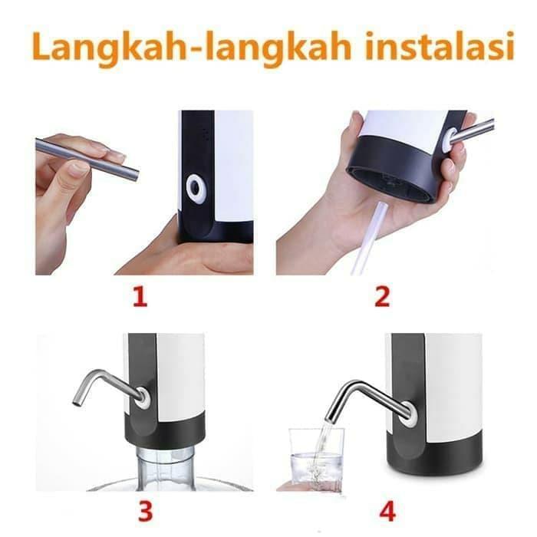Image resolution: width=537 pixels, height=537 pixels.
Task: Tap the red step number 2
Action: click(x=382, y=296)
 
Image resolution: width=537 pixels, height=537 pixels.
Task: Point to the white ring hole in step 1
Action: click(x=196, y=189)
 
